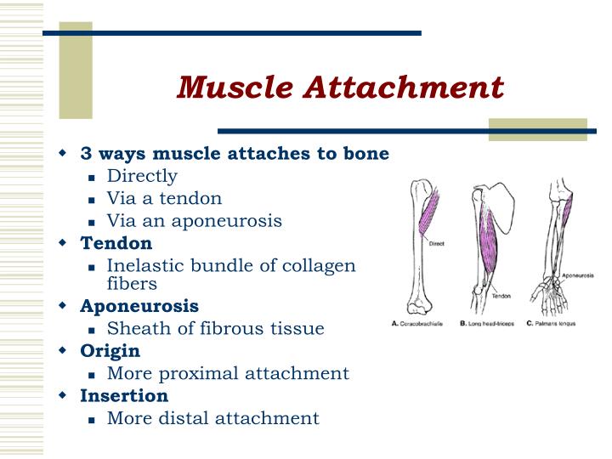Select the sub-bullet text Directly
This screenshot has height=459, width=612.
tap(142, 176)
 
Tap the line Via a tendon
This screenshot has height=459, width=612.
tap(164, 198)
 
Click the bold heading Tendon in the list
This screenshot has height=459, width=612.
tap(116, 242)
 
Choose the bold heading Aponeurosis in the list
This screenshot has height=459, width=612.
tap(139, 305)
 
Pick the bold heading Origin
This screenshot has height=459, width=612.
tap(110, 350)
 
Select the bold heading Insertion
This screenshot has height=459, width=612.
tap(124, 395)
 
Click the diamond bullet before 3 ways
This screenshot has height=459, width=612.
tap(62, 154)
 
